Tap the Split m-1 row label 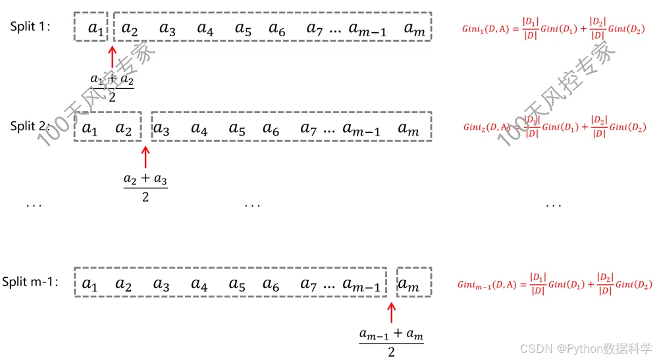30,282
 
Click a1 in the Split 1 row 96,30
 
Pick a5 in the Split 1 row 244,30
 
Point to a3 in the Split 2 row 161,130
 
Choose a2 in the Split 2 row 124,129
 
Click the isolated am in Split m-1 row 409,284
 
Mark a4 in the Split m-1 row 199,284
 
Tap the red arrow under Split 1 112,57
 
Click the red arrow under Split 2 145,157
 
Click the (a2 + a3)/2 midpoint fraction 145,186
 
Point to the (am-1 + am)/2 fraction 392,342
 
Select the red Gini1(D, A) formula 557,30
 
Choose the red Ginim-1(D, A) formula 554,284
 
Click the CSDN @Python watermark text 587,347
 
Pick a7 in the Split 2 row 309,130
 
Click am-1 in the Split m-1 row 361,286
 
